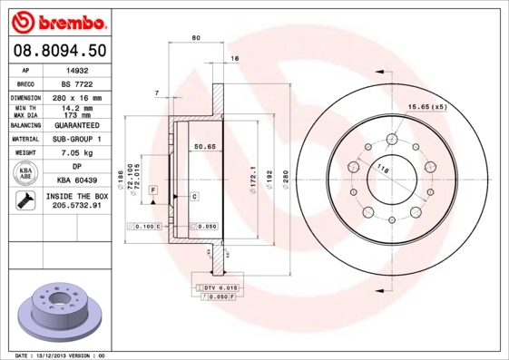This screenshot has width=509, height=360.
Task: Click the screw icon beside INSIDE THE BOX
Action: click(24, 202)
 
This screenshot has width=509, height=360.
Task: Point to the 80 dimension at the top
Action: click(196, 37)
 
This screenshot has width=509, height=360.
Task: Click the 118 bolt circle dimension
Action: click(382, 170)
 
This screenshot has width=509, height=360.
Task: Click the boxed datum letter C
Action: click(194, 196)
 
